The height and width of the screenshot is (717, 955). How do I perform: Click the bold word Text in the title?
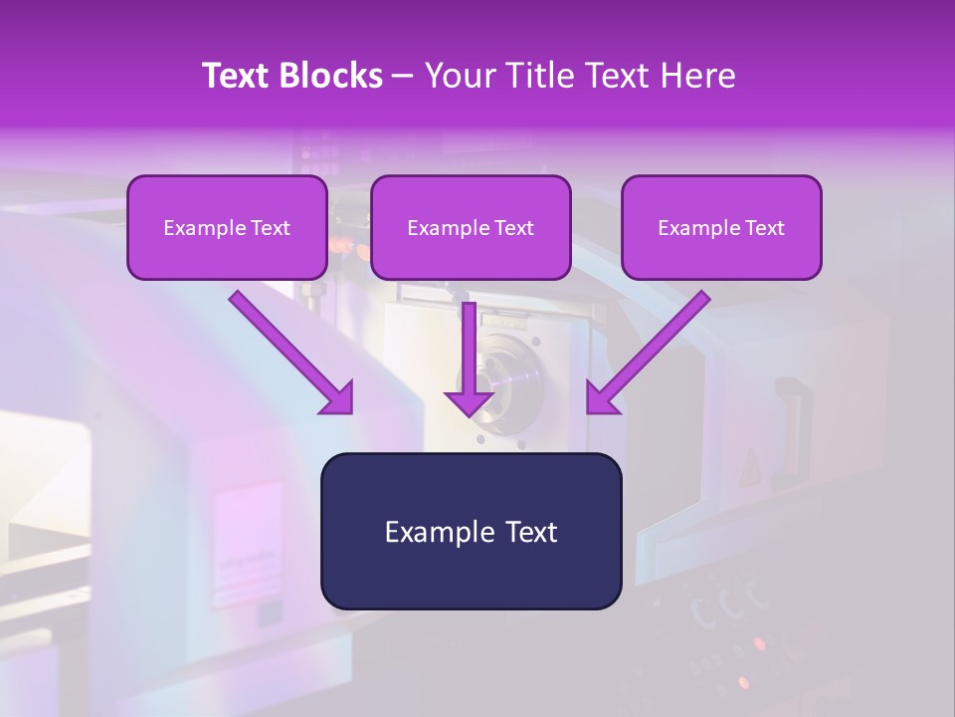(237, 76)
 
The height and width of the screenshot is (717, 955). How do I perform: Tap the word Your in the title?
(463, 76)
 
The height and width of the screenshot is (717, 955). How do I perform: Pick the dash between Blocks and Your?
(404, 77)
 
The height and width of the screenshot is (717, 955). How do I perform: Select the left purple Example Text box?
(227, 250)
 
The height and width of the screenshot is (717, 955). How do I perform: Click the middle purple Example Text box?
(471, 250)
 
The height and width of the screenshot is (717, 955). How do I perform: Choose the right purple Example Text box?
(721, 250)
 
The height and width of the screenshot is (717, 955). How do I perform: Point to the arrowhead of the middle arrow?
(469, 402)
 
